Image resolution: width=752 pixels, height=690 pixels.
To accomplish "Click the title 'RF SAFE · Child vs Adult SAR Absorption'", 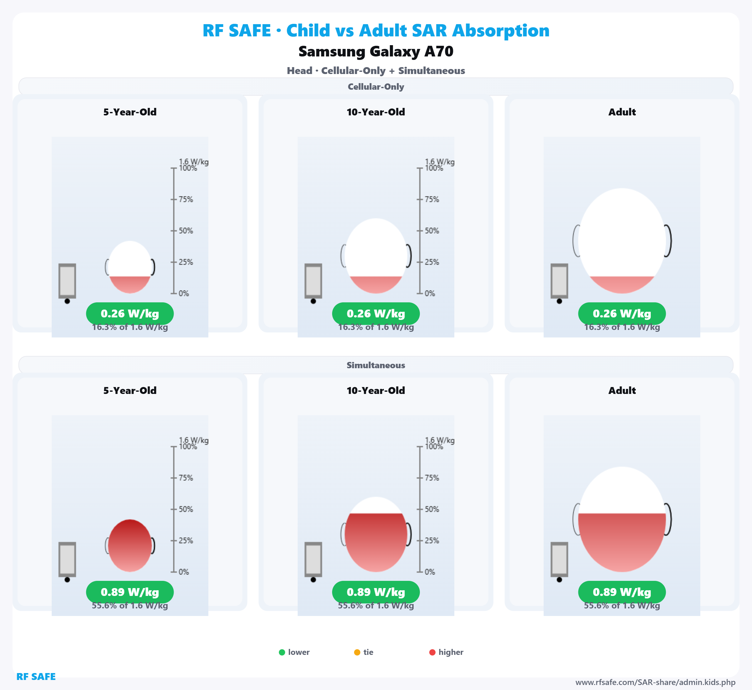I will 376,31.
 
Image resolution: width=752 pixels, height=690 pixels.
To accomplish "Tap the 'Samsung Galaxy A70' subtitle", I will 376,51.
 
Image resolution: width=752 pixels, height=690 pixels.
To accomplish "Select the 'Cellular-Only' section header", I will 376,87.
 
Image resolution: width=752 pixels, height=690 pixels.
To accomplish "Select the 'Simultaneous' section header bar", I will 376,365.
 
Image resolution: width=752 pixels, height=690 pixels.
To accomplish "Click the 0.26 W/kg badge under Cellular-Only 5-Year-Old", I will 130,314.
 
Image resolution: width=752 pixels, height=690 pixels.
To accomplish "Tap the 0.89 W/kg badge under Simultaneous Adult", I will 622,592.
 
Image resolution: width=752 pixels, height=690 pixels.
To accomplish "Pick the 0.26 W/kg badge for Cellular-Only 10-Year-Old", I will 376,314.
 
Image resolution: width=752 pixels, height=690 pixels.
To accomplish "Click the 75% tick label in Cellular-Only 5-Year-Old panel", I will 185,199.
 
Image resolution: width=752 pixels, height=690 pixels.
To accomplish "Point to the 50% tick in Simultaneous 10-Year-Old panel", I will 431,509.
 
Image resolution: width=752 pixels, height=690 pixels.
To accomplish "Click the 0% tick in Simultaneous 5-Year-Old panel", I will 184,572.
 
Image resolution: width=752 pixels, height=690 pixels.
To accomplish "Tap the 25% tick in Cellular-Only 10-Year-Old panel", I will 431,262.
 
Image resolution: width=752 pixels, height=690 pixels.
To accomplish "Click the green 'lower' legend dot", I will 282,652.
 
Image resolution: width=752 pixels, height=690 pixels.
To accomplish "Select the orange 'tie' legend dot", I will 357,652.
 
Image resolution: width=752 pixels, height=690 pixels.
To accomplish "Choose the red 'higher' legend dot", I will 432,652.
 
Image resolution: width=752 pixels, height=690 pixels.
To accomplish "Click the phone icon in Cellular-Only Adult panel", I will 559,281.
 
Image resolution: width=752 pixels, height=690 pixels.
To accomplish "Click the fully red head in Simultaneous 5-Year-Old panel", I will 130,545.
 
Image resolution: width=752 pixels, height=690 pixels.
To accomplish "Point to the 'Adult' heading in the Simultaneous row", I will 622,390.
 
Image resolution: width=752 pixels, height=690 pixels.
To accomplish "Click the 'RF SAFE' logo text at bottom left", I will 36,677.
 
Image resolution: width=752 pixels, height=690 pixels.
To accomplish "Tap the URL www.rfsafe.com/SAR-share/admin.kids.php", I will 655,682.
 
